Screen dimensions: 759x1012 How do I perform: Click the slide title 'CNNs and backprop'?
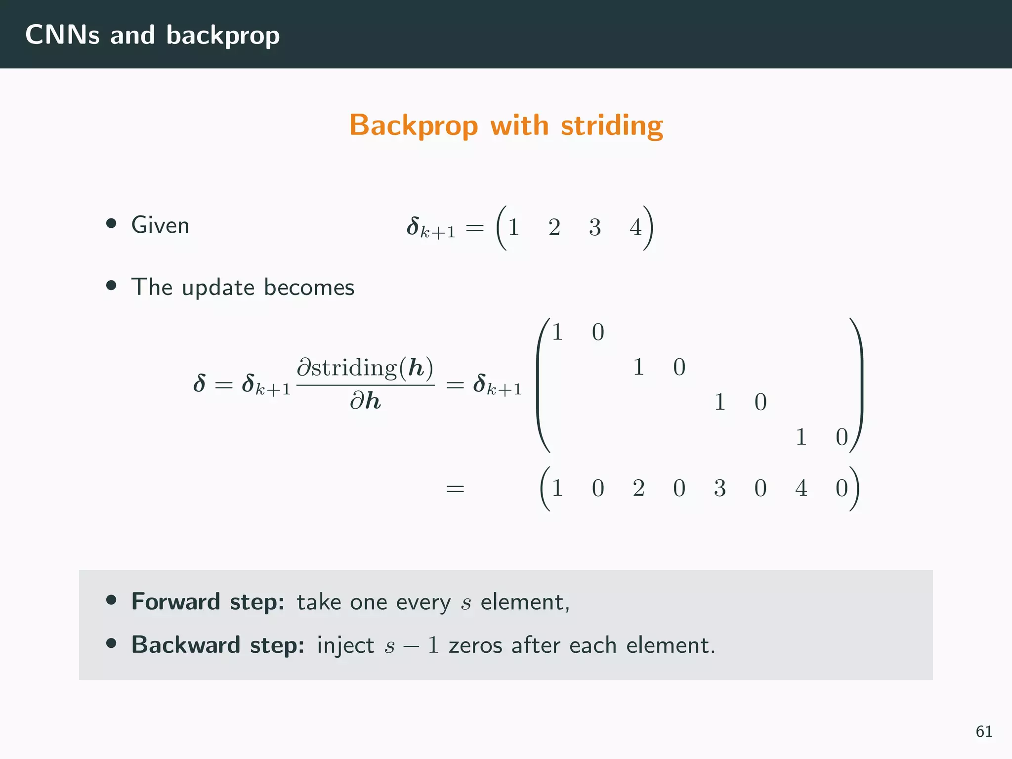[x=152, y=35]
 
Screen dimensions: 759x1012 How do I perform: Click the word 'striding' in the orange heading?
[x=612, y=126]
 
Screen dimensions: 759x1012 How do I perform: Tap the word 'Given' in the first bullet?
[x=160, y=225]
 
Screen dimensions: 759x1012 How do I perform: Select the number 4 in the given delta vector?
[x=635, y=228]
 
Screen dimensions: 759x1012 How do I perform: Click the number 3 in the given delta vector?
[x=595, y=228]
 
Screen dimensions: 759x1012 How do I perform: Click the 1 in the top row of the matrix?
[x=557, y=332]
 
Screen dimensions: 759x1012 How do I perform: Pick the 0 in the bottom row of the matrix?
[x=842, y=437]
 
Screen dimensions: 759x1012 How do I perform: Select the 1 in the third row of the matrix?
[x=719, y=402]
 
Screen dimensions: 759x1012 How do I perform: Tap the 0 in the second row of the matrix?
[x=679, y=367]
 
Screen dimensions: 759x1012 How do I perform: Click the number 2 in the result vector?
[x=638, y=488]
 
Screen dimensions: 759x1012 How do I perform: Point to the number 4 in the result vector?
[x=801, y=488]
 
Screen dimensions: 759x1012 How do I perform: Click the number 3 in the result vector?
[x=719, y=488]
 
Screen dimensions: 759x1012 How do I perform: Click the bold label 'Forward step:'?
[x=208, y=602]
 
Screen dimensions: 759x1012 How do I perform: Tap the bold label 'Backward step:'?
[x=217, y=645]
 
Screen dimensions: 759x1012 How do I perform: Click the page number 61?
[x=984, y=731]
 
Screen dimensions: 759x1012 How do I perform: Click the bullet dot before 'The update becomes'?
[x=111, y=286]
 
